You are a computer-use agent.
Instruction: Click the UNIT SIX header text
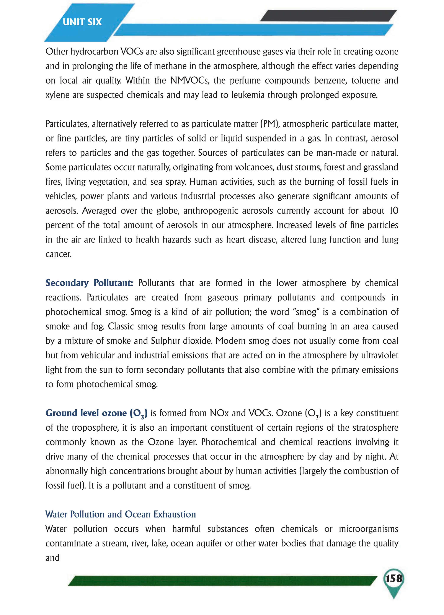82,22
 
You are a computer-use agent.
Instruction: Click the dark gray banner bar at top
328,15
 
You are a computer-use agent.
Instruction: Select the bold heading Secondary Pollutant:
89,283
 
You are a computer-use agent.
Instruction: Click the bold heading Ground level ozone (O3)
96,413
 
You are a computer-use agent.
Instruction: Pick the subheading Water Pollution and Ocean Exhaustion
121,514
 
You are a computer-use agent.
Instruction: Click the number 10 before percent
393,211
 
